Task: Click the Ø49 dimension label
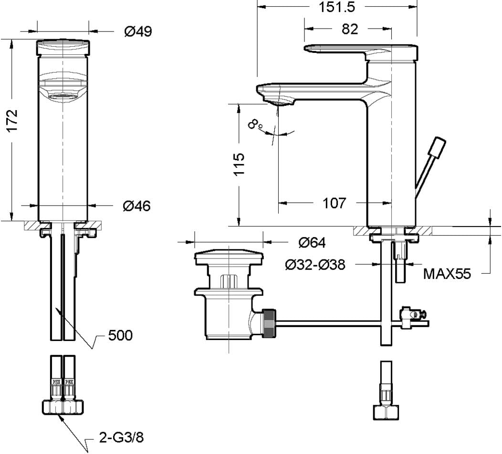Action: [138, 31]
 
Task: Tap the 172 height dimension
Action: [12, 121]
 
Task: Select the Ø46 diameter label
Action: [136, 206]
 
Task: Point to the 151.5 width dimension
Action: [337, 7]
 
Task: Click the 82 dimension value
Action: [350, 29]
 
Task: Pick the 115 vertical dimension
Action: [239, 164]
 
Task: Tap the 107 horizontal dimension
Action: [334, 203]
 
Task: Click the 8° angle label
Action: [255, 124]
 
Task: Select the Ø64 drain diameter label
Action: [312, 243]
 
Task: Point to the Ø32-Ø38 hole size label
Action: [315, 265]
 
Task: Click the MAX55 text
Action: [447, 274]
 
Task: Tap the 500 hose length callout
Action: [120, 335]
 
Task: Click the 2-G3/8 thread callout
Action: [121, 437]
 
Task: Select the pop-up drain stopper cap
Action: [229, 257]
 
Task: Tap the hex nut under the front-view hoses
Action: [63, 407]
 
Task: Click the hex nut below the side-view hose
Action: [386, 412]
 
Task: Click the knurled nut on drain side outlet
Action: [269, 323]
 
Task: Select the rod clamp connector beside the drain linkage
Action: [412, 317]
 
